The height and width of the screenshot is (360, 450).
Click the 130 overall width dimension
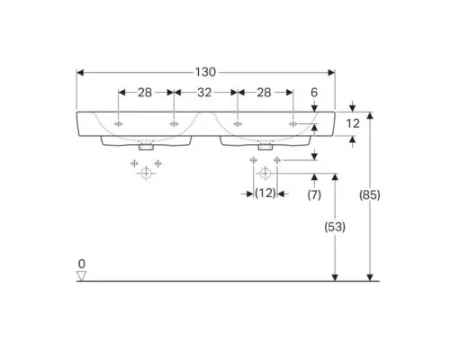pyautogui.click(x=205, y=72)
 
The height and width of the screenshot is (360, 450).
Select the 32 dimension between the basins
pyautogui.click(x=204, y=93)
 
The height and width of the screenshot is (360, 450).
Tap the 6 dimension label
pyautogui.click(x=314, y=93)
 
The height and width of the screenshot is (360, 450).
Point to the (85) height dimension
pyautogui.click(x=370, y=195)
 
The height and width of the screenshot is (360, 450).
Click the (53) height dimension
pyautogui.click(x=335, y=227)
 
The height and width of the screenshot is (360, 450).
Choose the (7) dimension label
pyautogui.click(x=314, y=195)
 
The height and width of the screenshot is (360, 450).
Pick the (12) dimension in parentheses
pyautogui.click(x=265, y=193)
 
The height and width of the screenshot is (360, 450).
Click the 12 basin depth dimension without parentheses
pyautogui.click(x=353, y=123)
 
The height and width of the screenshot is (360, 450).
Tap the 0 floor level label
pyautogui.click(x=82, y=264)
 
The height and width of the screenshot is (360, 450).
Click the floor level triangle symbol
pyautogui.click(x=81, y=276)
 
